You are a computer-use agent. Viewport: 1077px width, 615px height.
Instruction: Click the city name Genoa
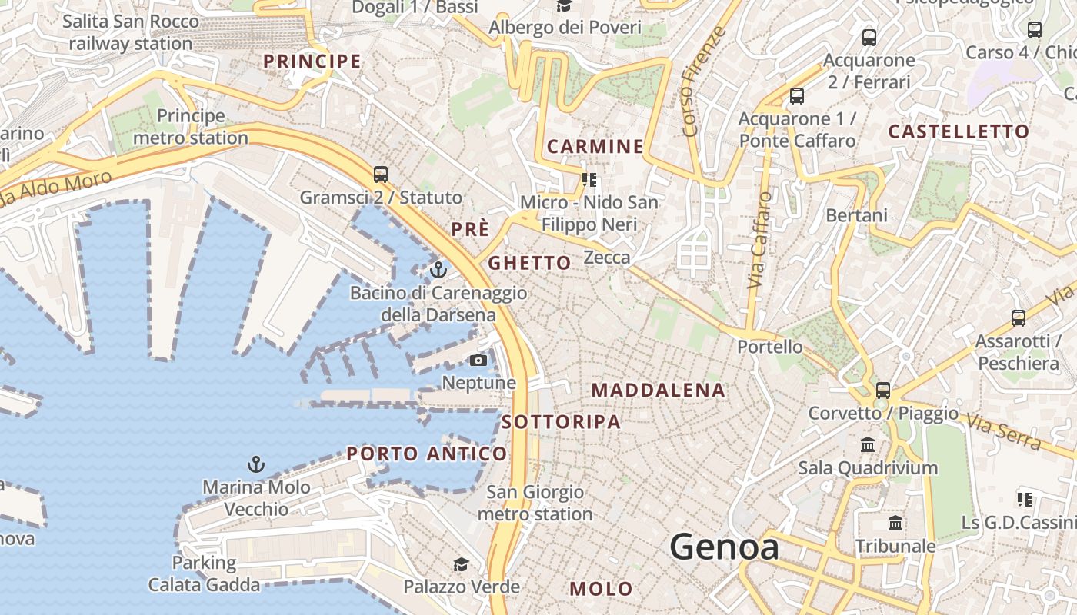pyautogui.click(x=724, y=547)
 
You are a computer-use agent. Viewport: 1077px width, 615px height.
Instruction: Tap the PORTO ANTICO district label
pyautogui.click(x=427, y=454)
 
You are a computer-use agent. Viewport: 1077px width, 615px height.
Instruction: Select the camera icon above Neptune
pyautogui.click(x=478, y=360)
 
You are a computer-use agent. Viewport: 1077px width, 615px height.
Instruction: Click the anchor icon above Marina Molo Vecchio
pyautogui.click(x=255, y=464)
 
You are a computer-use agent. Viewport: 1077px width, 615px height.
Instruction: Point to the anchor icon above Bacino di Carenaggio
pyautogui.click(x=438, y=269)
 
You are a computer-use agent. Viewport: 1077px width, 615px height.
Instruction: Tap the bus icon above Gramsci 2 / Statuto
pyautogui.click(x=380, y=174)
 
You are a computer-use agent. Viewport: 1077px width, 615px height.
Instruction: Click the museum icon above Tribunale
pyautogui.click(x=895, y=524)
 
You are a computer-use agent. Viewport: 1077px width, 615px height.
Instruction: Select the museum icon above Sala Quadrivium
pyautogui.click(x=868, y=444)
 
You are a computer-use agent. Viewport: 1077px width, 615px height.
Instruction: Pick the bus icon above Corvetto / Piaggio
pyautogui.click(x=882, y=390)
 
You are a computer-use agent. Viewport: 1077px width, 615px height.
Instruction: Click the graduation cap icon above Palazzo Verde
pyautogui.click(x=460, y=564)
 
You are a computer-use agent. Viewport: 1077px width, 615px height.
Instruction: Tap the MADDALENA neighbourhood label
pyautogui.click(x=658, y=391)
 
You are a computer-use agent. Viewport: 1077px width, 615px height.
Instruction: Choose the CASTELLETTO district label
pyautogui.click(x=959, y=131)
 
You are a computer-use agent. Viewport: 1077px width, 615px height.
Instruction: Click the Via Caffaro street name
pyautogui.click(x=759, y=240)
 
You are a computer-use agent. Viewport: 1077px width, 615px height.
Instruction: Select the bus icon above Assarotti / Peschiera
pyautogui.click(x=1018, y=317)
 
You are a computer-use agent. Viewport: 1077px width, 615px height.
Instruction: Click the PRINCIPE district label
pyautogui.click(x=312, y=61)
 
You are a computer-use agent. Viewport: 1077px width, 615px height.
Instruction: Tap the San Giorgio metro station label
pyautogui.click(x=535, y=503)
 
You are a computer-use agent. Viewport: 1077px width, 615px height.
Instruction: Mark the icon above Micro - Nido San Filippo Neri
pyautogui.click(x=589, y=180)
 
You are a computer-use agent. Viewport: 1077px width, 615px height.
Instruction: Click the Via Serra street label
pyautogui.click(x=1004, y=433)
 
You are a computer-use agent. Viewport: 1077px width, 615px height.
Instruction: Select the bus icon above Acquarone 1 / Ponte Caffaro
pyautogui.click(x=797, y=96)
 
